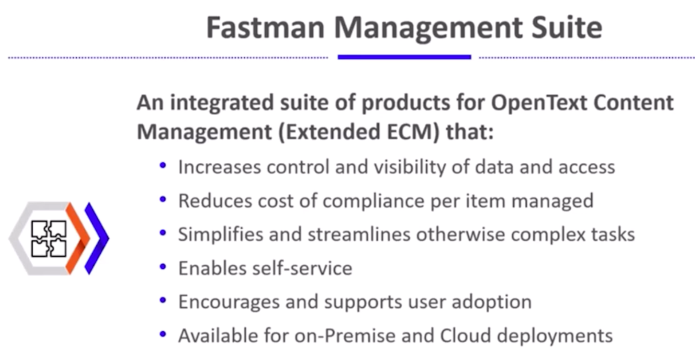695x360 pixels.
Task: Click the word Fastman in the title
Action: coord(266,28)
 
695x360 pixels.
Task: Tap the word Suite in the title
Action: coord(567,28)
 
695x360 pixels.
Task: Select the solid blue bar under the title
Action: coord(405,57)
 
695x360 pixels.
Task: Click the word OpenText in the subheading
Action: coord(539,103)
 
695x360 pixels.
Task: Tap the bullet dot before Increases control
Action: coord(163,165)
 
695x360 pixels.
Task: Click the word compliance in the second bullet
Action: coord(374,201)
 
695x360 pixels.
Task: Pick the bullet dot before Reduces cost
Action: coord(163,199)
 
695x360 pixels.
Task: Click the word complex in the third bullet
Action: coord(548,235)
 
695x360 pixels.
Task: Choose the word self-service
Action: coord(302,268)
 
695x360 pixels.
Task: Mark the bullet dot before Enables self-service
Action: coord(163,267)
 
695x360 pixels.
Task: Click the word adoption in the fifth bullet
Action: coord(492,302)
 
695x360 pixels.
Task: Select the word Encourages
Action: coord(229,302)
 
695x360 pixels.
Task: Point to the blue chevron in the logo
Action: coord(97,238)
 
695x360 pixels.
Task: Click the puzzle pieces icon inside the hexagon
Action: coord(49,238)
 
